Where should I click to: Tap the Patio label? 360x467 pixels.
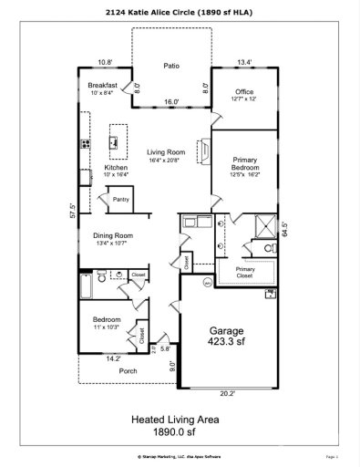(170, 66)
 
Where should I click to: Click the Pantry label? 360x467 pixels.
(120, 199)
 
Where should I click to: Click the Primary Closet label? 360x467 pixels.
(244, 272)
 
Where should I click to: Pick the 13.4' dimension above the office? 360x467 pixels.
(244, 63)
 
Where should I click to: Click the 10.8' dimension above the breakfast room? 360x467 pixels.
(106, 63)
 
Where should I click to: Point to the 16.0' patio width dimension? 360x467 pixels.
(170, 101)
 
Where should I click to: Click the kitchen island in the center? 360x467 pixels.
(116, 138)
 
